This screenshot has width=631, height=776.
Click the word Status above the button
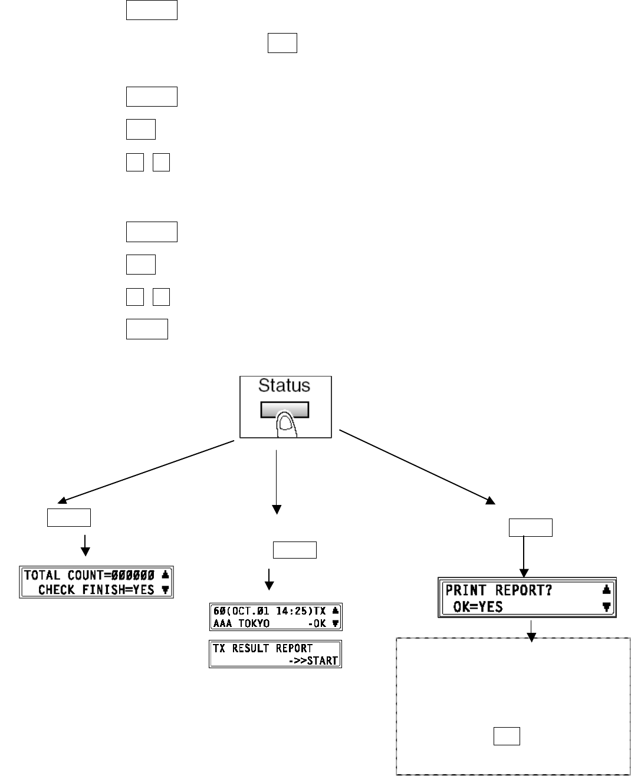coord(284,386)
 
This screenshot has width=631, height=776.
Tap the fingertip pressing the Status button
coord(285,421)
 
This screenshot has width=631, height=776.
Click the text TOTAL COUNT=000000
coord(89,575)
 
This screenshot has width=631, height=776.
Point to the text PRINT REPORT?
coord(498,590)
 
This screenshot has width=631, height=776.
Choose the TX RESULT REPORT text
coord(263,648)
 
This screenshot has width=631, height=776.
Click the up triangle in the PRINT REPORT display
coord(606,590)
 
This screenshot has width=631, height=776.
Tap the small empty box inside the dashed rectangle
coord(507,736)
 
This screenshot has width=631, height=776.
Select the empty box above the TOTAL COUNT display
coord(69,517)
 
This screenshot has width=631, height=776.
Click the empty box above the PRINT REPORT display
coord(531,527)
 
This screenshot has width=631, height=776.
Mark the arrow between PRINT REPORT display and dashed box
coord(531,630)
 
